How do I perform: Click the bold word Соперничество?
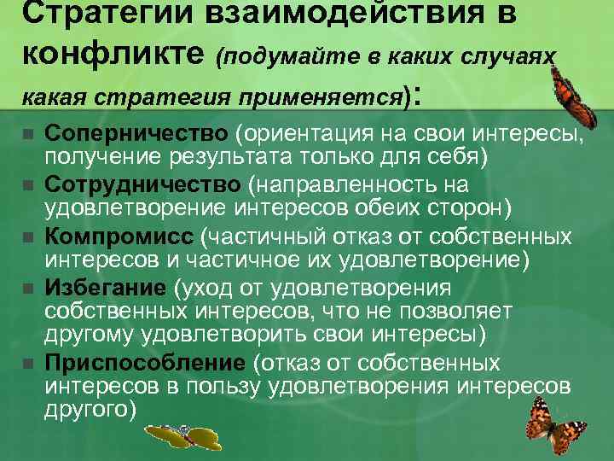click(136, 133)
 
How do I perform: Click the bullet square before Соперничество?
click(27, 135)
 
